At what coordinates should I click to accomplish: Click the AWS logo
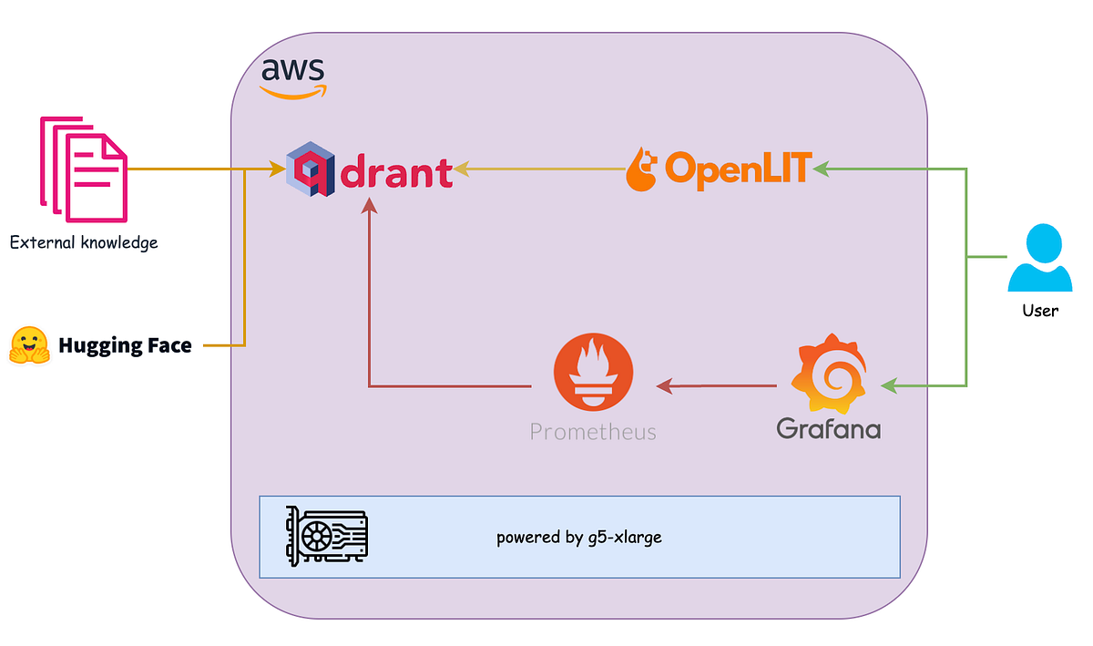291,77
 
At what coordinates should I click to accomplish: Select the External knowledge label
84,242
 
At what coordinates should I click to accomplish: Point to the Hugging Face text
125,345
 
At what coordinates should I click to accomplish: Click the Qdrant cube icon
310,169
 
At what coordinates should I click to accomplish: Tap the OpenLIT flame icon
642,169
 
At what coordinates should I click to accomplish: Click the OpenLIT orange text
737,168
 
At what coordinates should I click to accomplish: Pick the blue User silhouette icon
1039,259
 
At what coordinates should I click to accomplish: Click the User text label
1039,311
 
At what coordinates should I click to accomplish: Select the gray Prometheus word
593,431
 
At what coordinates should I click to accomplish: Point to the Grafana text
828,428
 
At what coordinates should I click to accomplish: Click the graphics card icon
327,537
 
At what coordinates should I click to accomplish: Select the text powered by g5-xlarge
578,537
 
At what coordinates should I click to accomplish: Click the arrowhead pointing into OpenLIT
820,169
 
